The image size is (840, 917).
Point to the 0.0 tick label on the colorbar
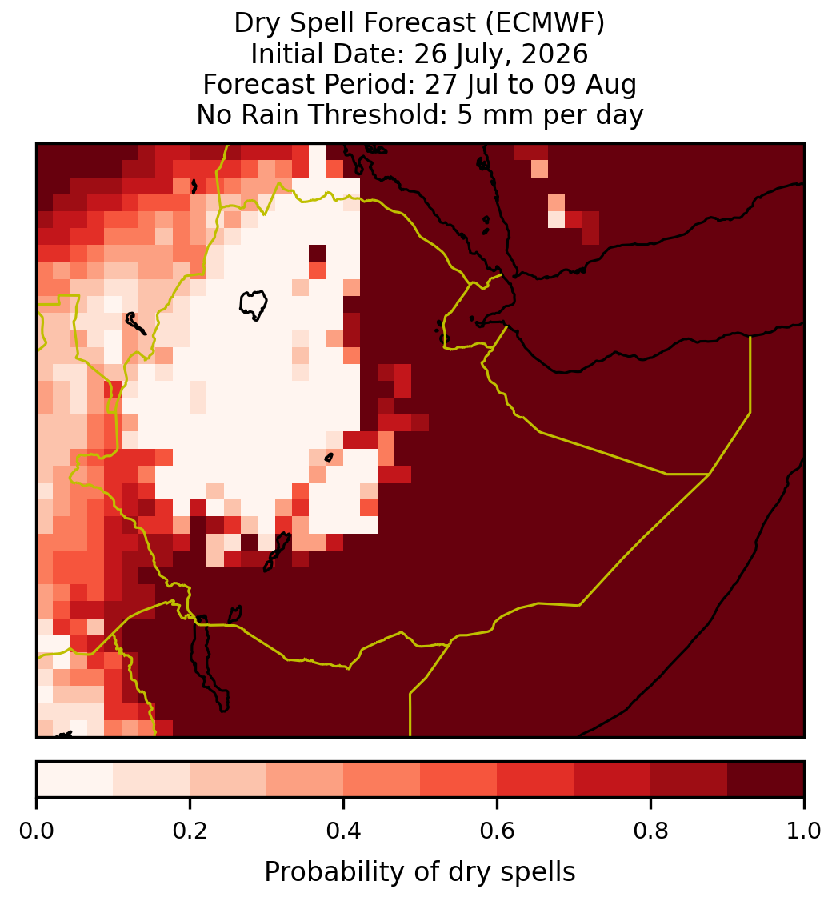36,831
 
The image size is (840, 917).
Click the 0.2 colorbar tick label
190,831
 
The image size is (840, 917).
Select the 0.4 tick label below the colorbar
344,831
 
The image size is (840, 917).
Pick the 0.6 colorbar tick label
498,831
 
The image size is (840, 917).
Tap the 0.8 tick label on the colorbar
650,831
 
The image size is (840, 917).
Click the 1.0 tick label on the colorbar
804,831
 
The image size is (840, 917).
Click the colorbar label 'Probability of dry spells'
420,872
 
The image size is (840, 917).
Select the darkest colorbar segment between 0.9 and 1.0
766,779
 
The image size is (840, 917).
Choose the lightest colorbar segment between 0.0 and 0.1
75,779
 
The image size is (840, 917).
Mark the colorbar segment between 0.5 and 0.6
459,779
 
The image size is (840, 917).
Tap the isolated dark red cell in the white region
318,254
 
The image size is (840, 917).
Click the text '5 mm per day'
550,114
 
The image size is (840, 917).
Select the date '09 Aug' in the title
590,84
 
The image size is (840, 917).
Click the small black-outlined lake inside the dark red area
235,615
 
